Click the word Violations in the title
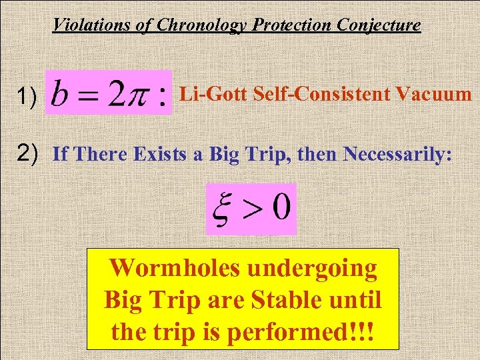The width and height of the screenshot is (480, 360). pos(88,25)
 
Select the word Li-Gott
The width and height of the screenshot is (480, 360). pos(210,93)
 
